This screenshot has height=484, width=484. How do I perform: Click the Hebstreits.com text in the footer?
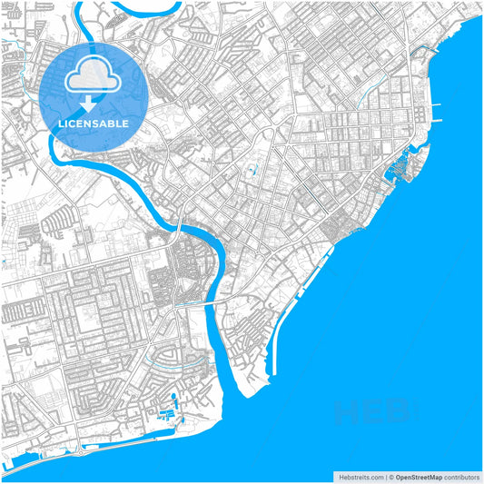click(357, 477)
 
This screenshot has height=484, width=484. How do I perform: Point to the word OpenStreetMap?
click(419, 477)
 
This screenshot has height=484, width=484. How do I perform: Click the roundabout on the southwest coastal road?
click(80, 444)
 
